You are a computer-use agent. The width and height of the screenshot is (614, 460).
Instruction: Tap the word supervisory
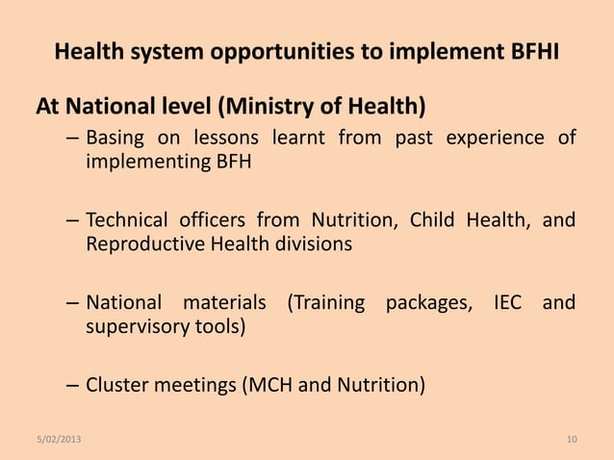coord(134,327)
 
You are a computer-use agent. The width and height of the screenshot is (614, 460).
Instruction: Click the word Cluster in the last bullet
coord(115,387)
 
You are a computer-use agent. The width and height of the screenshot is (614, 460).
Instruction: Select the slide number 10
coord(572,441)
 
